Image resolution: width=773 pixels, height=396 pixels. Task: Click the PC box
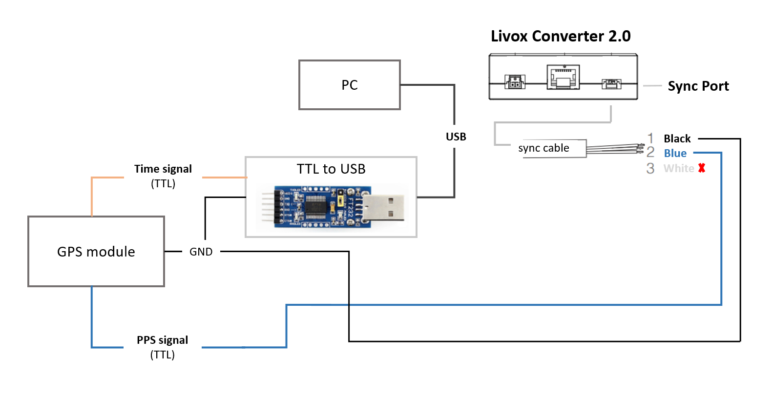tap(349, 85)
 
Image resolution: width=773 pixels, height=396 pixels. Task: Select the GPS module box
tap(96, 252)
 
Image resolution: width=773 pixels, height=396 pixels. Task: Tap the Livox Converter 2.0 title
tap(560, 36)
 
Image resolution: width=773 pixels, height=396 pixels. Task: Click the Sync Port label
tap(698, 86)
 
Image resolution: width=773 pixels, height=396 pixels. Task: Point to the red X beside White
tap(702, 168)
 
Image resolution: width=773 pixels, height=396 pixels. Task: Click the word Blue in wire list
tap(675, 154)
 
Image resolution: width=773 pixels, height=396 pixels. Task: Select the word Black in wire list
tap(677, 139)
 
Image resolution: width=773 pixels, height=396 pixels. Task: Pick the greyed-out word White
tap(678, 168)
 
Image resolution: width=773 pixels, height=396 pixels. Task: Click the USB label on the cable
tap(456, 137)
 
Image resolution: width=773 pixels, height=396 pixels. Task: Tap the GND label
tap(201, 252)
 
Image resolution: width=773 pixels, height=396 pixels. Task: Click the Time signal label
tap(163, 169)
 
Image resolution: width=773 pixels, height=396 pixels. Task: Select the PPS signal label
tap(162, 340)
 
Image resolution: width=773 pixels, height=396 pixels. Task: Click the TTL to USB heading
tap(331, 169)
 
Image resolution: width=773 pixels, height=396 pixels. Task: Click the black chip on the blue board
tap(316, 207)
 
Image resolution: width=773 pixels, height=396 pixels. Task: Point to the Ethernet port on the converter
tap(563, 78)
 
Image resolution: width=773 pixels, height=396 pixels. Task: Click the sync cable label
tap(543, 148)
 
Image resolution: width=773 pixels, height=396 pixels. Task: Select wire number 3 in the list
tap(650, 168)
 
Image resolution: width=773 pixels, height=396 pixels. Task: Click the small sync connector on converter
tap(611, 84)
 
